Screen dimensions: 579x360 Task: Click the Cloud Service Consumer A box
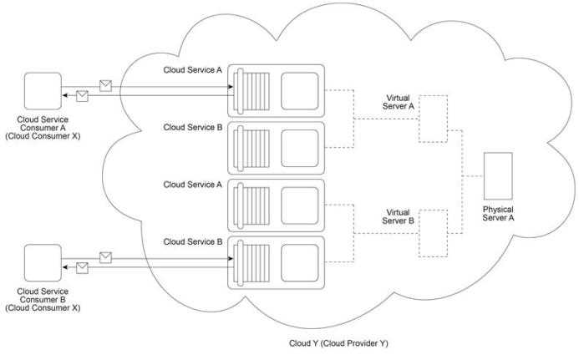(x=43, y=91)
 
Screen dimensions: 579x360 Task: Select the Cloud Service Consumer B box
(x=43, y=263)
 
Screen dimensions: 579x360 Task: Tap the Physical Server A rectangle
(x=498, y=176)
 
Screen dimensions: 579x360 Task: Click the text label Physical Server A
(x=498, y=214)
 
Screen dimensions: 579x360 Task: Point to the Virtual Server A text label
(x=398, y=102)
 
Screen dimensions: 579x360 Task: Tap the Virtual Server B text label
(x=398, y=216)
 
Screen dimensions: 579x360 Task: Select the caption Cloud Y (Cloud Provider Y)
(x=338, y=343)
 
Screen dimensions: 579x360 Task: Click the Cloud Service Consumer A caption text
(x=43, y=128)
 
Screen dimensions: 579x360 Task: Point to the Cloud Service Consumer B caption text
(x=43, y=300)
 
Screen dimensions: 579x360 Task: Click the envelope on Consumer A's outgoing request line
(x=105, y=86)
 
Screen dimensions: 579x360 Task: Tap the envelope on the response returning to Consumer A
(x=82, y=96)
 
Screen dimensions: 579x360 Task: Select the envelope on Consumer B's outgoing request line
(x=105, y=258)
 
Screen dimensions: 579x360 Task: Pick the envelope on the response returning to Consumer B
(x=82, y=268)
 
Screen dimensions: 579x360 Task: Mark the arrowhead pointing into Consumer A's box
(x=64, y=95)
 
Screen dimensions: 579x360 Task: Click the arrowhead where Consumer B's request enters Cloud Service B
(x=231, y=258)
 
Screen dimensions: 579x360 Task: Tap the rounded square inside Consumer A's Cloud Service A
(x=299, y=91)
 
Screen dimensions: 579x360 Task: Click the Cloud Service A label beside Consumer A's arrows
(x=193, y=70)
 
